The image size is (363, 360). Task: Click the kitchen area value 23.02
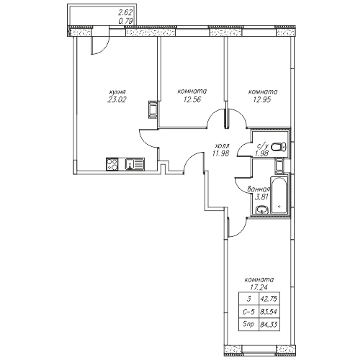[117, 99]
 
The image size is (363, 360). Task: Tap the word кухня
[117, 92]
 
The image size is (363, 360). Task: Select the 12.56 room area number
[192, 99]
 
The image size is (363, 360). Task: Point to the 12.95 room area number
[262, 99]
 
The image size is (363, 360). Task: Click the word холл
[223, 145]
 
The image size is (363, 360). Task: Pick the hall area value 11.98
[220, 153]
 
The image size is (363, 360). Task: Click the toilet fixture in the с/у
[279, 146]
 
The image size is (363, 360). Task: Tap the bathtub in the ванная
[279, 195]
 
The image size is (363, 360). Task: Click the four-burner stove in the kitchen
[112, 164]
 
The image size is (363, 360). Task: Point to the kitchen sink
[135, 164]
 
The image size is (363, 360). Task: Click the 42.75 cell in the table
[269, 299]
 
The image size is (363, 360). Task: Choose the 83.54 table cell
[269, 312]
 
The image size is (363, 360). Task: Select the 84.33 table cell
[269, 325]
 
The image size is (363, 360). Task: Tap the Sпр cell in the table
[249, 325]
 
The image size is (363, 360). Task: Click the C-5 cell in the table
[249, 312]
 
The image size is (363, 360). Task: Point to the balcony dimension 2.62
[125, 12]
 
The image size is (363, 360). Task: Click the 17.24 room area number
[259, 287]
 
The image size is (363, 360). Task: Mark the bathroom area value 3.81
[261, 197]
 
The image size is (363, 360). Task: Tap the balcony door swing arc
[104, 49]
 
